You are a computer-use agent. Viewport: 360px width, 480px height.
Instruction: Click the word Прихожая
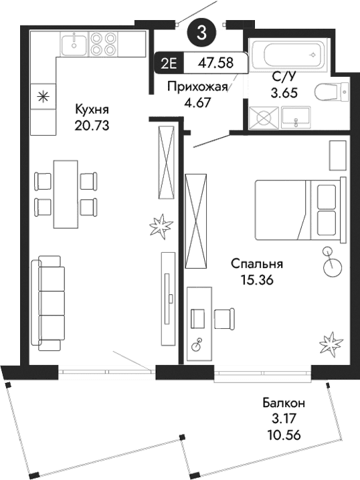[x=194, y=87]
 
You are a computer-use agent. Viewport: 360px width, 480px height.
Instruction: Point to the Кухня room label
[x=92, y=110]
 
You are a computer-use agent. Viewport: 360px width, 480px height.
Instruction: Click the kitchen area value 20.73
[x=92, y=124]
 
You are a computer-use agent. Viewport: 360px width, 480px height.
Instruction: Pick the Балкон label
[x=284, y=403]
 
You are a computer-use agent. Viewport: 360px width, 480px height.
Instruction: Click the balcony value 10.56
[x=284, y=434]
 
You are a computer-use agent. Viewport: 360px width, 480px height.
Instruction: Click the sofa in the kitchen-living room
[x=50, y=302]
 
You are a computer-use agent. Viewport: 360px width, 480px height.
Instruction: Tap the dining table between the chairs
[x=64, y=193]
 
